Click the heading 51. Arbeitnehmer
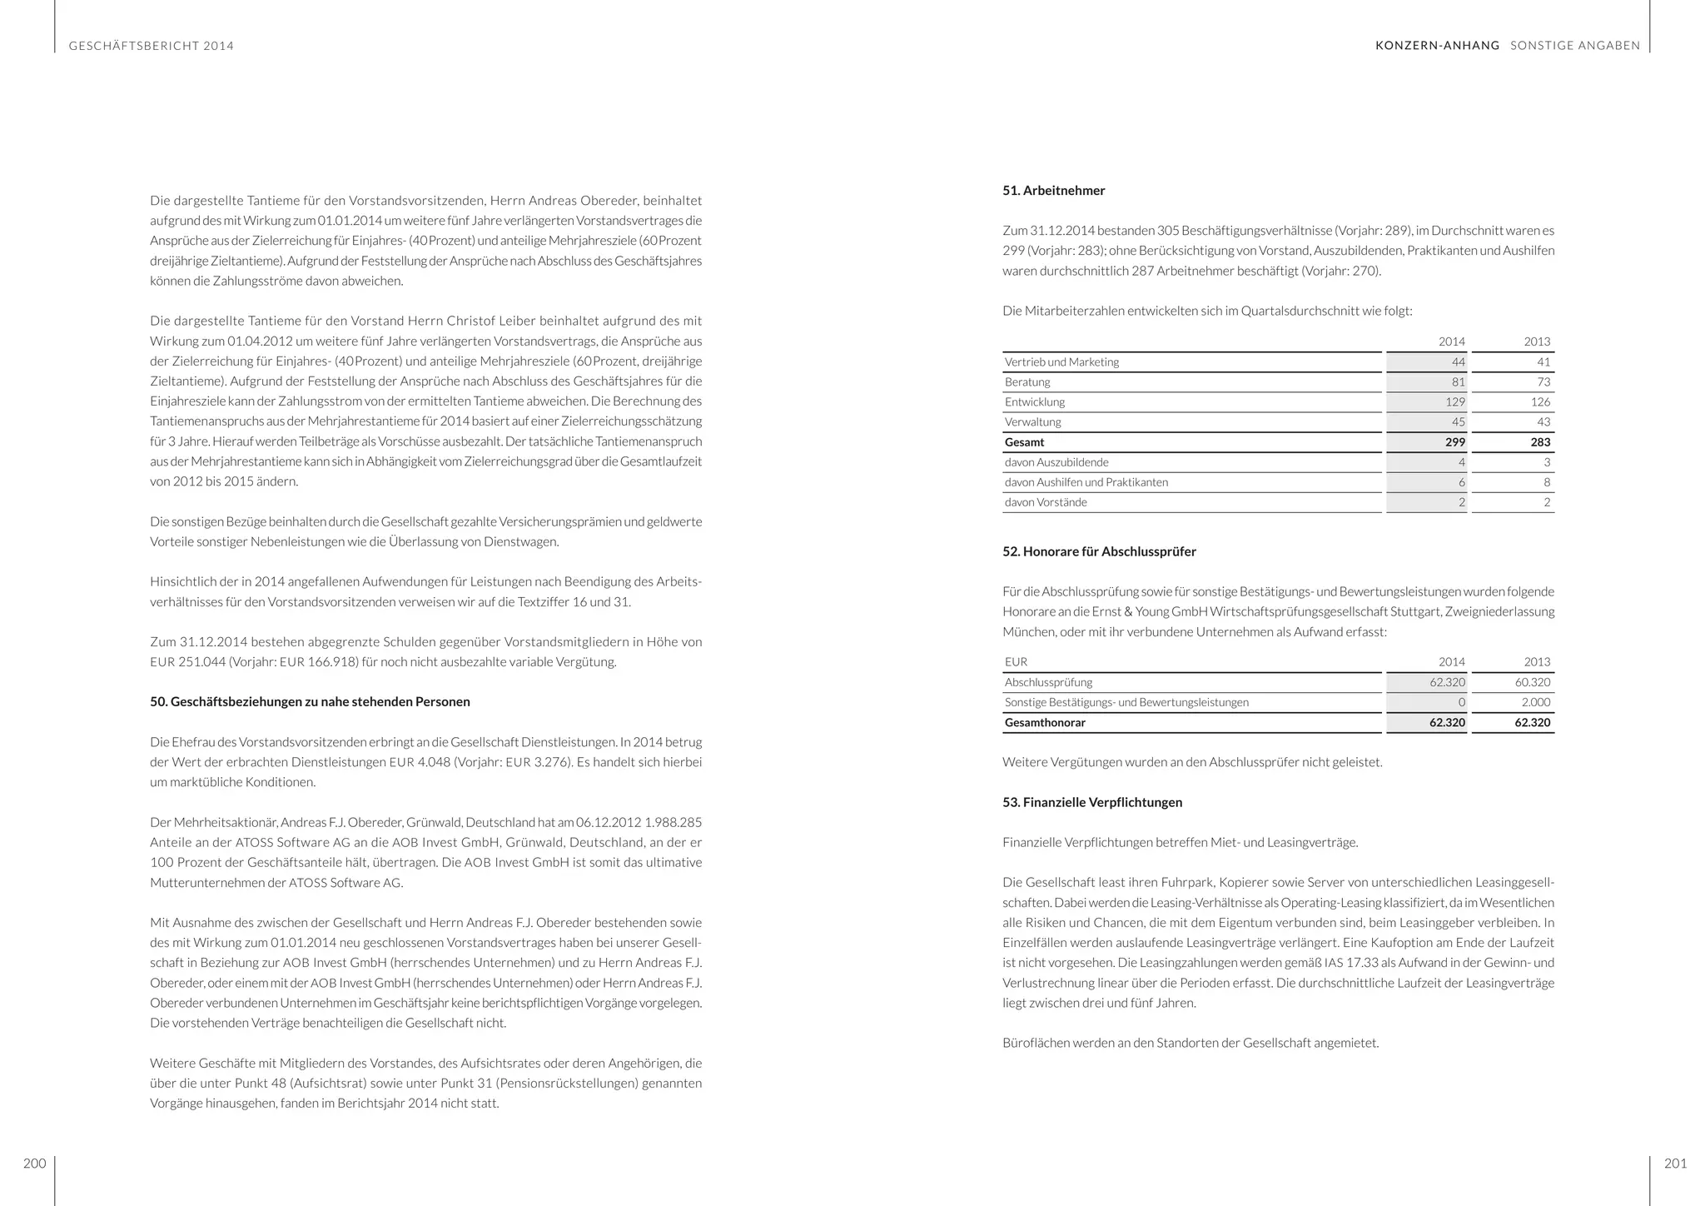coord(1053,191)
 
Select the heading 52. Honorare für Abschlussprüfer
coord(1099,551)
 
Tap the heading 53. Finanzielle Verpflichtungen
coord(1092,802)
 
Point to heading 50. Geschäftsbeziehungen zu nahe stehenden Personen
coord(310,701)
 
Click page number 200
coord(34,1164)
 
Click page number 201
coord(1675,1164)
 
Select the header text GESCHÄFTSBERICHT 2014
coord(152,46)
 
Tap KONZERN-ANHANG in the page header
coord(1437,46)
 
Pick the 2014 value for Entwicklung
coord(1454,402)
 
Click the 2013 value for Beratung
coord(1543,382)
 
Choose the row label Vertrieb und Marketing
coord(1061,362)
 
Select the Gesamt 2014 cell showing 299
coord(1454,442)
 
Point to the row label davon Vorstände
coord(1046,502)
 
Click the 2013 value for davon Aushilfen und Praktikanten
coord(1546,482)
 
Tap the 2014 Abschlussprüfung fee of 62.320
coord(1447,682)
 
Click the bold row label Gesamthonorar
coord(1045,723)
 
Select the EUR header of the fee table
coord(1016,662)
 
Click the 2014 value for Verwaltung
coord(1458,422)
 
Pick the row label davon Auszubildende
coord(1056,462)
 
